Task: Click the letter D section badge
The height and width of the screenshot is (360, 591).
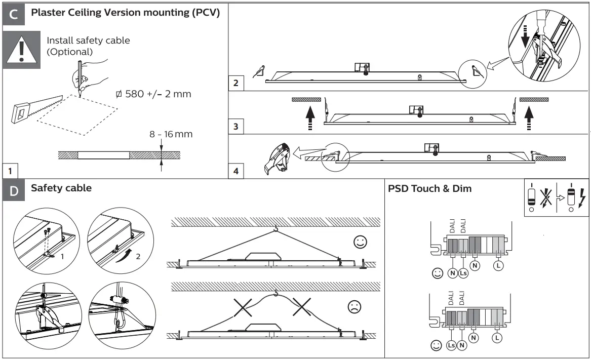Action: pyautogui.click(x=14, y=191)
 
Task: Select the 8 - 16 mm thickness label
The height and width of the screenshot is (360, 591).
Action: pyautogui.click(x=171, y=135)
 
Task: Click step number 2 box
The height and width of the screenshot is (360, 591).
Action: pyautogui.click(x=236, y=83)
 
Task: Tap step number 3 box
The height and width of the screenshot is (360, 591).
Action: pyautogui.click(x=236, y=127)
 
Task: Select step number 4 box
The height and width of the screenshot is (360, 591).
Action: pyautogui.click(x=236, y=171)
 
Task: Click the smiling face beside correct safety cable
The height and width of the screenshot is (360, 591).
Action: pyautogui.click(x=360, y=243)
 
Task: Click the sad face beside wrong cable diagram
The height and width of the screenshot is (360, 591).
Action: pyautogui.click(x=354, y=307)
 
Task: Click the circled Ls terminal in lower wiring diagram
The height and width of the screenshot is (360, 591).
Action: pyautogui.click(x=452, y=345)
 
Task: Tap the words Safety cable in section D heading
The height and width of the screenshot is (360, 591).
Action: pyautogui.click(x=61, y=188)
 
